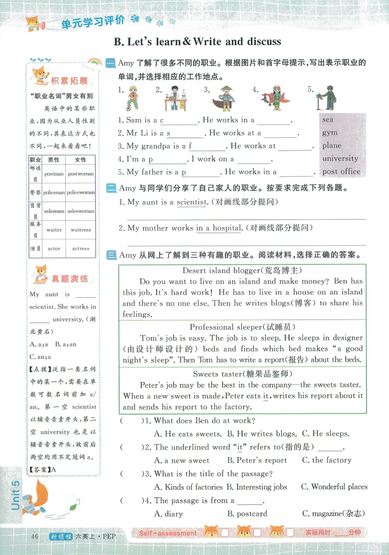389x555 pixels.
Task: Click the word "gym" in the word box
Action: (x=329, y=133)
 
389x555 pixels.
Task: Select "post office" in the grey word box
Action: (x=341, y=171)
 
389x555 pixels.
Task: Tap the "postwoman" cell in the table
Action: (x=81, y=174)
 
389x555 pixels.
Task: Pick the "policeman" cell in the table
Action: (x=53, y=193)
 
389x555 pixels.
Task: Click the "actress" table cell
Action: (x=81, y=249)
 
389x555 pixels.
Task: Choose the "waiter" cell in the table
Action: (x=54, y=230)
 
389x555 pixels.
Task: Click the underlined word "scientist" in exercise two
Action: (x=191, y=202)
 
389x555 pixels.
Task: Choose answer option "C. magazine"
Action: (x=333, y=514)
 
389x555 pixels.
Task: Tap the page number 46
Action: (x=34, y=537)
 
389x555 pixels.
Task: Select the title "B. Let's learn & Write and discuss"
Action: (x=197, y=42)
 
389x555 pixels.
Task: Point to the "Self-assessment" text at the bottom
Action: (x=168, y=533)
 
